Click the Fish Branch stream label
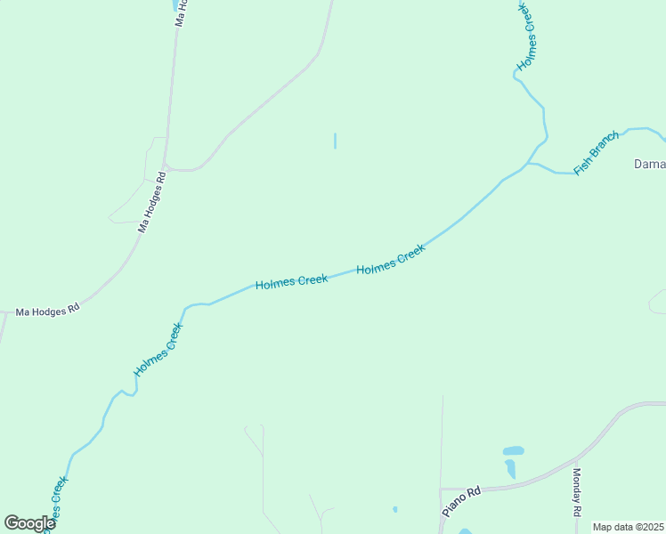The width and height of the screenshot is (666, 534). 597,153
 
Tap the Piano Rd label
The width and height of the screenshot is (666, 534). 461,502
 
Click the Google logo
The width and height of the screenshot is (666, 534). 29,523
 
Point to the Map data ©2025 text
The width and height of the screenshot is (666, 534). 629,527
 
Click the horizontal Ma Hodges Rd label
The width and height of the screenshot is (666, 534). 48,309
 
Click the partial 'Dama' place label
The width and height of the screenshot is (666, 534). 649,164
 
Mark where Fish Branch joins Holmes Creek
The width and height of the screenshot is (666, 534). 527,165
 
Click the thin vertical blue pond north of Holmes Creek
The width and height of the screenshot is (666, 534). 335,141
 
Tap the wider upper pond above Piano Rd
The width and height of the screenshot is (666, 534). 513,450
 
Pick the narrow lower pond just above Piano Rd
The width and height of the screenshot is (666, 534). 510,468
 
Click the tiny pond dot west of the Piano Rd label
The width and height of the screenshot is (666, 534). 394,509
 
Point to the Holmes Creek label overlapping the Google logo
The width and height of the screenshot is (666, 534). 55,502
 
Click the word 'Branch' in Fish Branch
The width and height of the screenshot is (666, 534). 605,146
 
